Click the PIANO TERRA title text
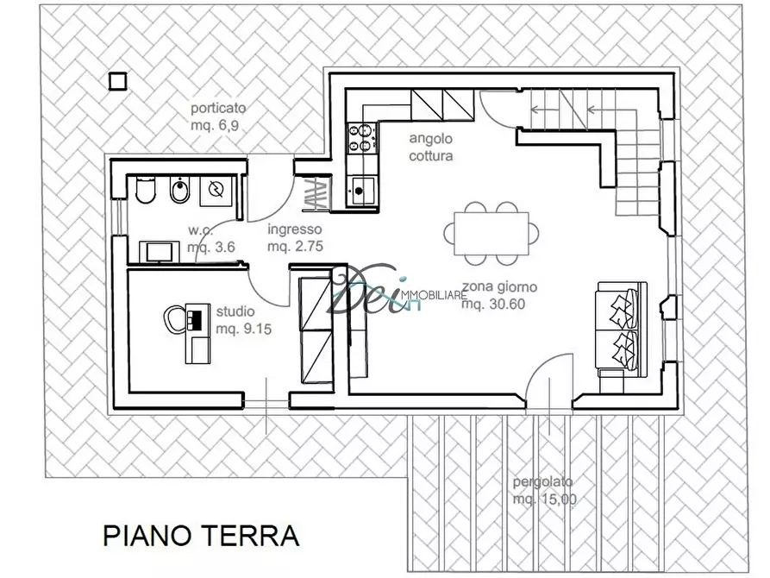(201, 535)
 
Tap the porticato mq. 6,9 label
(218, 117)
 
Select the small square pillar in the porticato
(118, 80)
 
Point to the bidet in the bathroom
(178, 192)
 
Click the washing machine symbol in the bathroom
(215, 192)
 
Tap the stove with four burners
(362, 137)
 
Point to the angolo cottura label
(430, 148)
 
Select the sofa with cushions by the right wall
(620, 328)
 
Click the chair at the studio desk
(173, 318)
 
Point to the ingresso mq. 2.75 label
(295, 238)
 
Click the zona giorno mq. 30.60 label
(499, 295)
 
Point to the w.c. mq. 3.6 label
(211, 239)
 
